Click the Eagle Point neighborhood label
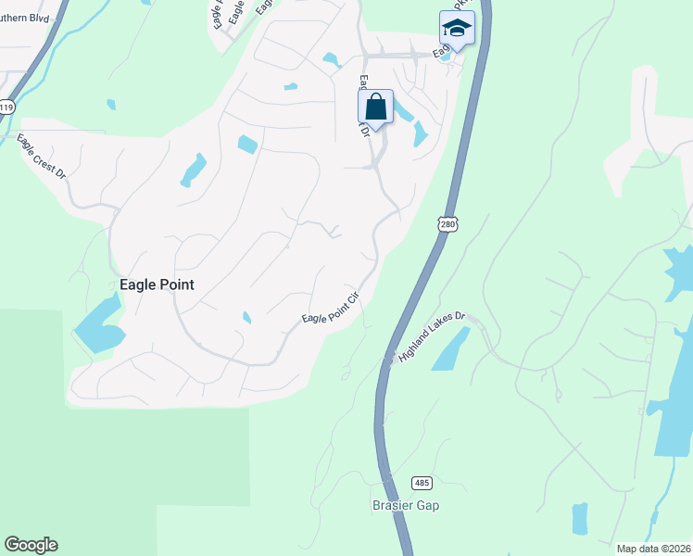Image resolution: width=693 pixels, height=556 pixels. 157,284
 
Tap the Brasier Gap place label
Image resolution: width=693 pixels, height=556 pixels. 406,506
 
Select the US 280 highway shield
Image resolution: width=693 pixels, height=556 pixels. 448,224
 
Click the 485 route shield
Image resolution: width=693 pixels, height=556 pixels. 422,484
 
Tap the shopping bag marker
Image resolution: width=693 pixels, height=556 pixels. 375,107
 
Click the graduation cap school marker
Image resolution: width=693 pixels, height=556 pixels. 456,30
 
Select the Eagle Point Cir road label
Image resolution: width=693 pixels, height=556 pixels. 330,309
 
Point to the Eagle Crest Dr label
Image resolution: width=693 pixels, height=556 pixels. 42,157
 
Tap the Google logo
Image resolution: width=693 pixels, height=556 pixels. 31,545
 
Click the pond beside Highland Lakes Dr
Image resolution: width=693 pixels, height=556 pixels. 450,348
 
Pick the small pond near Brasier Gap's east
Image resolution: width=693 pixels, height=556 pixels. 580,519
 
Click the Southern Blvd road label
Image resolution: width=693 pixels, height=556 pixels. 26,16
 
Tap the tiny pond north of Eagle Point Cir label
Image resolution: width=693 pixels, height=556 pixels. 246,318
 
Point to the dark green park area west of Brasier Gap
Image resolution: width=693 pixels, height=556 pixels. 139,463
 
